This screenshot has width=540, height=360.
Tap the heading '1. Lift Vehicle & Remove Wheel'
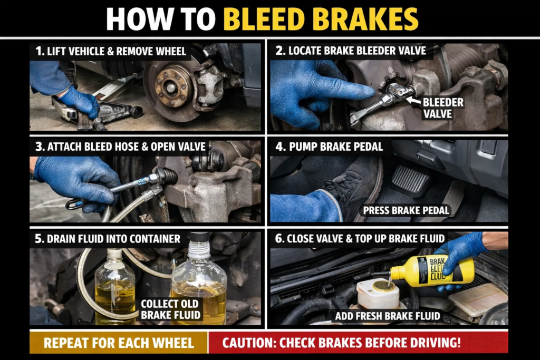coord(111,52)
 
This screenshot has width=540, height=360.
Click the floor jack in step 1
coord(100,111)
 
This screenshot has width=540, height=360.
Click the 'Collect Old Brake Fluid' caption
coord(170,310)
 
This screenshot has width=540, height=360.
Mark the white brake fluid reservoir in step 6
coord(378,294)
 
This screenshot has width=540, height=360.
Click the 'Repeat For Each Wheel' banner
coord(119,343)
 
